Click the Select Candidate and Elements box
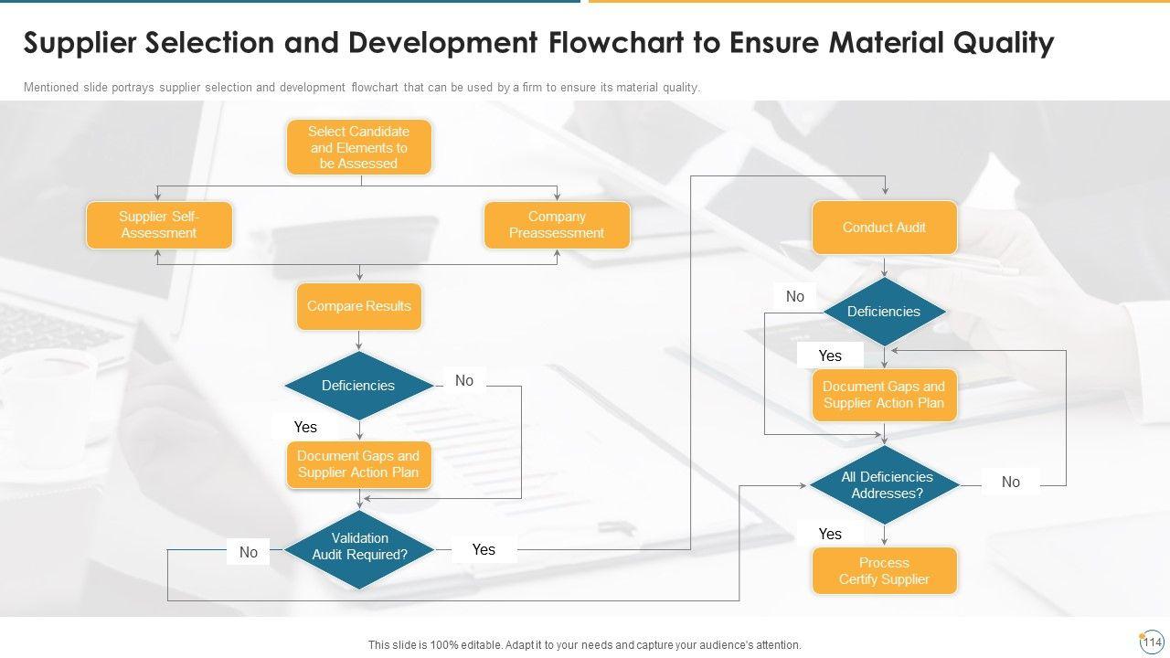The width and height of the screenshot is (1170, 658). click(x=358, y=147)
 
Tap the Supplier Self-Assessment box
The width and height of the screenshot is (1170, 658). click(x=159, y=225)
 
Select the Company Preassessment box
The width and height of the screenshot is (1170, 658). click(x=557, y=225)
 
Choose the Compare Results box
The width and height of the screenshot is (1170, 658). click(x=358, y=306)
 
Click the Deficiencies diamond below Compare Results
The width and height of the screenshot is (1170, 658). click(x=358, y=386)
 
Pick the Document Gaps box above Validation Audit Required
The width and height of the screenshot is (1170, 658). click(x=358, y=464)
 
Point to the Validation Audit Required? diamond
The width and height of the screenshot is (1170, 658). click(x=359, y=547)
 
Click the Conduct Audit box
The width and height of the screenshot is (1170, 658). click(x=884, y=228)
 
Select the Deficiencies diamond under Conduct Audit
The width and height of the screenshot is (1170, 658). click(x=884, y=312)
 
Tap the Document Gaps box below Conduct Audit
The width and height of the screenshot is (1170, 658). click(x=884, y=395)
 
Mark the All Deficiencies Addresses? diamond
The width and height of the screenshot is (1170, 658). click(x=884, y=484)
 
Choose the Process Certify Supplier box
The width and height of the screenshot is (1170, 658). click(x=884, y=571)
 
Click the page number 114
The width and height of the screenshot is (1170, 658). click(x=1152, y=642)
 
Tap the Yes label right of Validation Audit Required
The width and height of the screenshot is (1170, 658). click(x=484, y=549)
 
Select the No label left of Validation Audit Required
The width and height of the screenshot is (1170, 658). click(x=249, y=552)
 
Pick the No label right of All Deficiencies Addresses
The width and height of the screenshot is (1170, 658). click(x=1010, y=482)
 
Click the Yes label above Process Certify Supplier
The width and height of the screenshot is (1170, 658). click(x=830, y=534)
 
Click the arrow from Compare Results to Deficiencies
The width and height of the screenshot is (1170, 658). click(x=358, y=341)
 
